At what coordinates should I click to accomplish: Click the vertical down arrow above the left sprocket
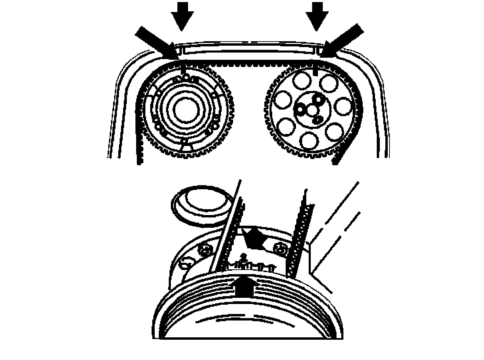[x=182, y=15]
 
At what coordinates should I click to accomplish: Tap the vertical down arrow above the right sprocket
[x=317, y=15]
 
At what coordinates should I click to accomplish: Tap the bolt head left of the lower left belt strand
[x=205, y=249]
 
